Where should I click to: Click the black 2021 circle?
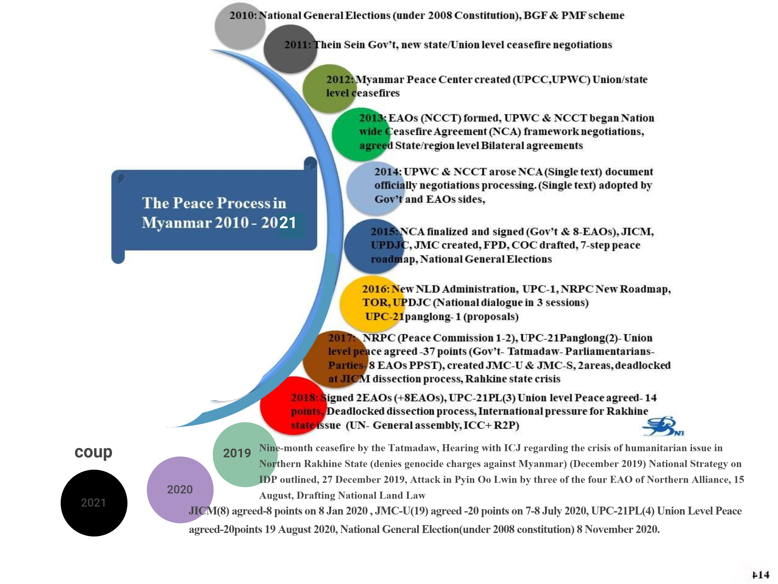94,503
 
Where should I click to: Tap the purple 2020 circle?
180,490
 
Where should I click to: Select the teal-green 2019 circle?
246,454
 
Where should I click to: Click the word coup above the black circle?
93,452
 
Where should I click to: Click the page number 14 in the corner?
761,575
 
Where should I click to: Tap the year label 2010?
244,16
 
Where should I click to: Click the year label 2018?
304,398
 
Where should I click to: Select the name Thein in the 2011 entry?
327,45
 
